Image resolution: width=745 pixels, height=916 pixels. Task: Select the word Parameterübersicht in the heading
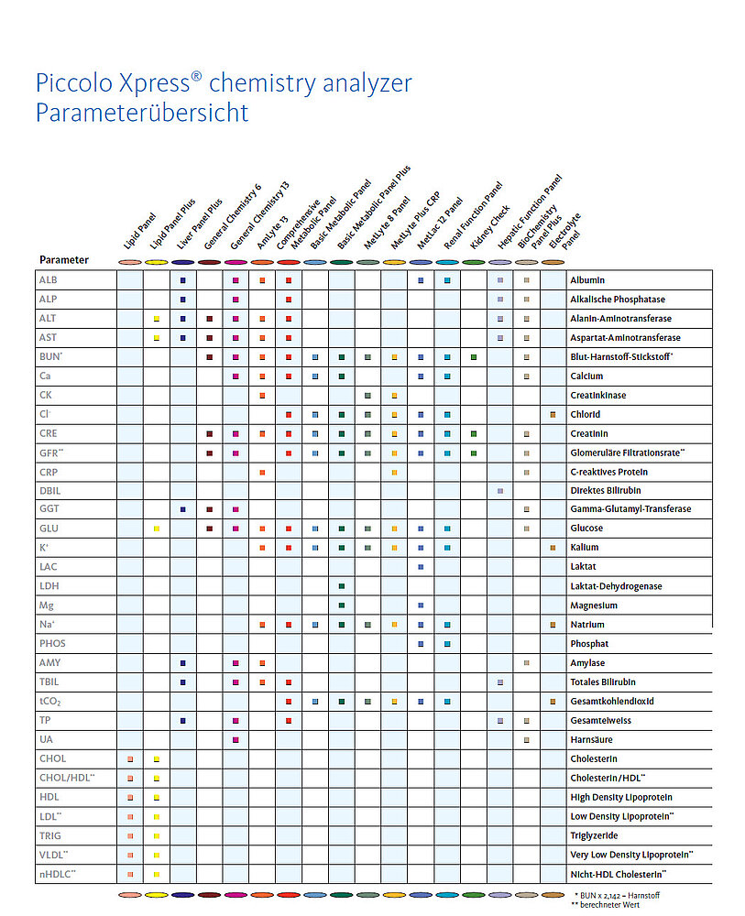142,113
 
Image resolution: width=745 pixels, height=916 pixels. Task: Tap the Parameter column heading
64,260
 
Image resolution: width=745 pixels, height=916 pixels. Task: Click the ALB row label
48,279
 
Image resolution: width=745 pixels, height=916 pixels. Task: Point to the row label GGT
49,508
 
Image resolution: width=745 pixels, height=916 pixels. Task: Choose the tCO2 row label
50,701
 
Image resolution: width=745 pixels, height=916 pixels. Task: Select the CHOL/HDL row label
67,778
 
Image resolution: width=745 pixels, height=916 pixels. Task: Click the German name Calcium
586,376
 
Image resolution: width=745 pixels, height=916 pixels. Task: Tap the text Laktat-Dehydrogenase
616,586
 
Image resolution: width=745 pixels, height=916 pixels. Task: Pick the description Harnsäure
591,739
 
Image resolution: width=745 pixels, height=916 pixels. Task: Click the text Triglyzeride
594,835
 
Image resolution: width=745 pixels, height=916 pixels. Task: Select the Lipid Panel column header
139,232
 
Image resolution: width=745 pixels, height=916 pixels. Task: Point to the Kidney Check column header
489,227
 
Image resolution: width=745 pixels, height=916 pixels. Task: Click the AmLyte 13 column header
272,233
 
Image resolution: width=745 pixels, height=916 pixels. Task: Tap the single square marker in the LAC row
421,567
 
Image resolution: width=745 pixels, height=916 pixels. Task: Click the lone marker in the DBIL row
500,491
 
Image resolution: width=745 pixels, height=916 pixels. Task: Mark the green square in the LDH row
342,586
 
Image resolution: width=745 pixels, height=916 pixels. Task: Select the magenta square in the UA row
236,739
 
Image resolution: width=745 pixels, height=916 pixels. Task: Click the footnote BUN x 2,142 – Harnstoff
618,896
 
